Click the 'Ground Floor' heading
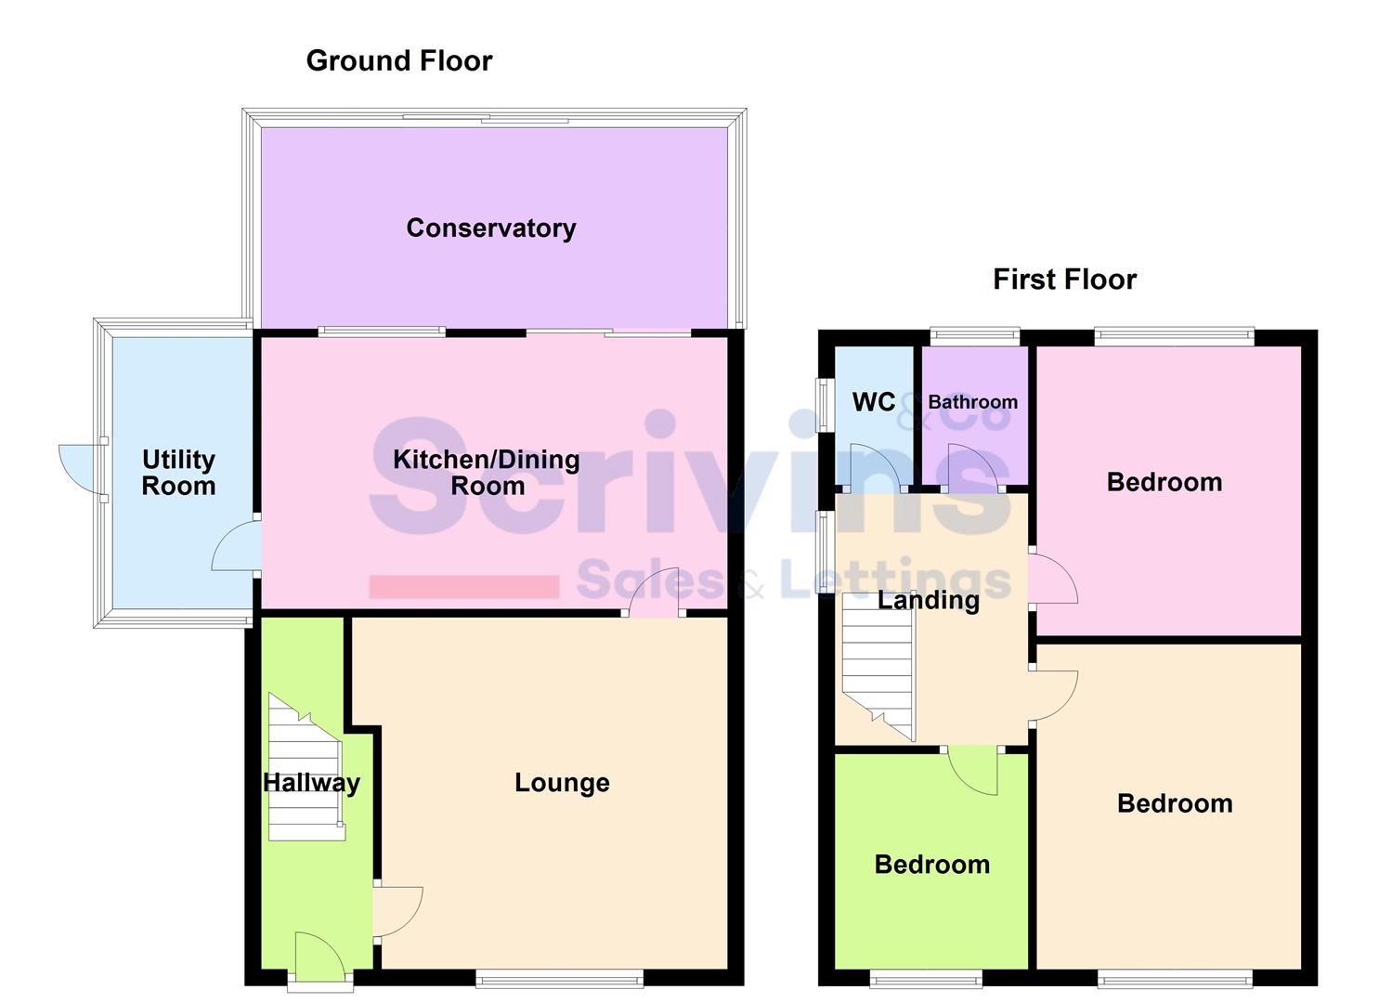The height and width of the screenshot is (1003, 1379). click(x=398, y=61)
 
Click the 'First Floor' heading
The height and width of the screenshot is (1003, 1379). click(x=1064, y=280)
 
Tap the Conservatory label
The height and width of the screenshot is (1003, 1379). click(x=490, y=228)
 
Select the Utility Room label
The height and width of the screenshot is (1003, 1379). click(x=178, y=473)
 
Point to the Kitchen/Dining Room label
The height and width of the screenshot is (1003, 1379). click(x=487, y=473)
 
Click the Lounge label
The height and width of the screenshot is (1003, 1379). click(x=562, y=783)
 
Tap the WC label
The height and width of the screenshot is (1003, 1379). click(x=873, y=402)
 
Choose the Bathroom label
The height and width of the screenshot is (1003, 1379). click(x=972, y=402)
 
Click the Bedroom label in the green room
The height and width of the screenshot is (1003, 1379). click(x=931, y=865)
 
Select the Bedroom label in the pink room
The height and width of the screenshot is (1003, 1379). click(x=1164, y=482)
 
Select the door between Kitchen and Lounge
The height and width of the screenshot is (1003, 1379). click(x=655, y=594)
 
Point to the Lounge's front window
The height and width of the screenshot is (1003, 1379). click(x=559, y=976)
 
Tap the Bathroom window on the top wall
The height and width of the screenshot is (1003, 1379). click(x=975, y=336)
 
